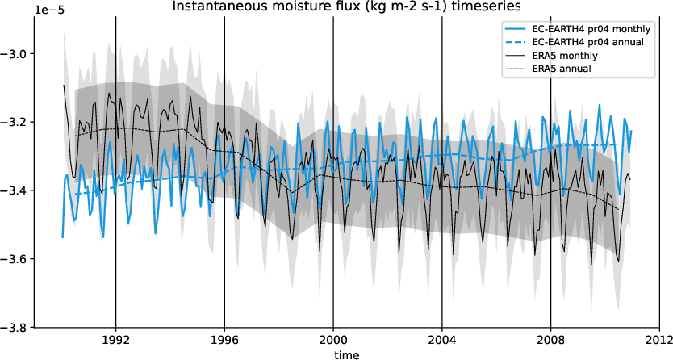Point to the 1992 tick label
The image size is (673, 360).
pyautogui.click(x=115, y=340)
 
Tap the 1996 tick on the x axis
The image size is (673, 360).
pyautogui.click(x=224, y=340)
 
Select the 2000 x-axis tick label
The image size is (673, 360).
pyautogui.click(x=333, y=340)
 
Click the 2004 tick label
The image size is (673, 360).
pyautogui.click(x=442, y=340)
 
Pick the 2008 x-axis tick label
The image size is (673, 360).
pyautogui.click(x=551, y=340)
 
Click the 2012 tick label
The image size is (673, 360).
pyautogui.click(x=659, y=340)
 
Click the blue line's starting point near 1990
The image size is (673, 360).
pyautogui.click(x=62, y=237)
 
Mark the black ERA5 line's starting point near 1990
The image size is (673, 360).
pyautogui.click(x=64, y=85)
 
